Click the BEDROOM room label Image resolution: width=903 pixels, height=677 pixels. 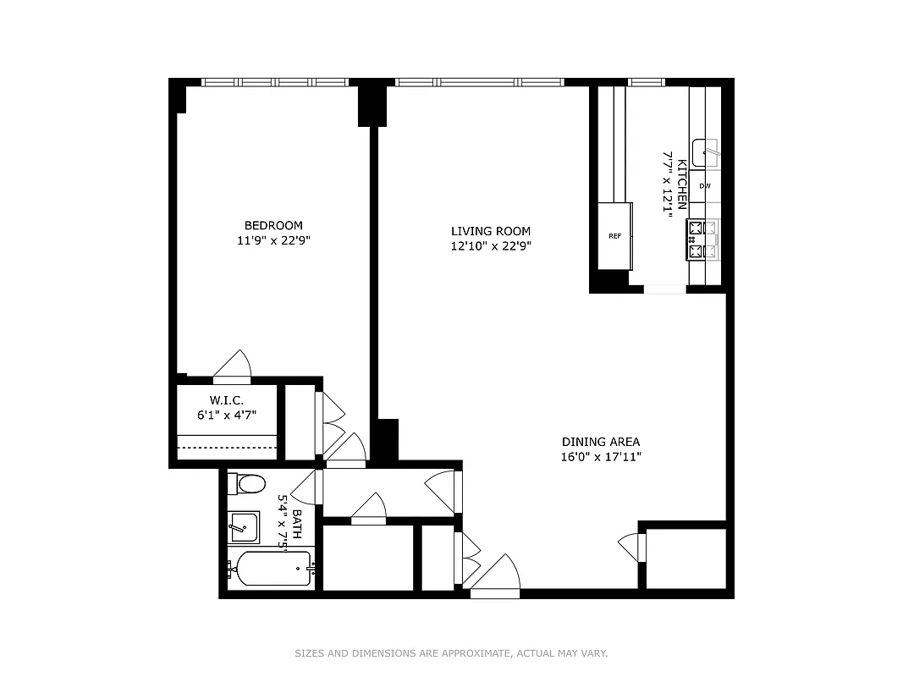pos(273,225)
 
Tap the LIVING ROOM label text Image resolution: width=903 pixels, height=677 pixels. pos(490,231)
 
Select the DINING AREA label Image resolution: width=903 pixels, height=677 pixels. pos(601,442)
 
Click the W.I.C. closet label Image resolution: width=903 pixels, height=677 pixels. pos(227,399)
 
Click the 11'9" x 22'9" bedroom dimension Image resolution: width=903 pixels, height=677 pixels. pos(273,241)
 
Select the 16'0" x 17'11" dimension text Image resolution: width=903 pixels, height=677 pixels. pos(601,458)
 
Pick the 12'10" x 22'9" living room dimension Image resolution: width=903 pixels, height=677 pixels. pos(490,247)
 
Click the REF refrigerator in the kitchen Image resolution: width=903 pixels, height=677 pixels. pos(614,236)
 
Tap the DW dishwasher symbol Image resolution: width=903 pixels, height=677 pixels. pos(704,185)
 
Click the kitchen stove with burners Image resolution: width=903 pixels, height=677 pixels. pos(702,239)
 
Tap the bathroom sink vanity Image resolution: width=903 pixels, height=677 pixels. pos(244,526)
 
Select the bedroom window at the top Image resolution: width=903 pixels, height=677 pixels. pos(275,82)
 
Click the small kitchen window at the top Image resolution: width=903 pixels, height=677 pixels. pos(647,82)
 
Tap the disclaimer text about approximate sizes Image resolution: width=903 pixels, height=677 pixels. pos(451,653)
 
